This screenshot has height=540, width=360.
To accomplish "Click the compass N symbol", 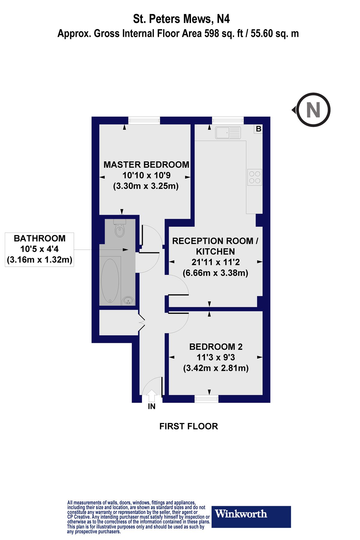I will [x=313, y=110].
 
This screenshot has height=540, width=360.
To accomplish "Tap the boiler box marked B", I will [x=258, y=129].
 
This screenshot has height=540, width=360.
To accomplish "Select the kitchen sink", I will [x=228, y=133].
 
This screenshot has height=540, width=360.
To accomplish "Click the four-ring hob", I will [x=255, y=177].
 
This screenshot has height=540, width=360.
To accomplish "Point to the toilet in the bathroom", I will [x=120, y=230].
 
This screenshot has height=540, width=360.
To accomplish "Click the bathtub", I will [x=110, y=280].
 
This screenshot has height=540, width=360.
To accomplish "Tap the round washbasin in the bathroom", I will [x=128, y=300].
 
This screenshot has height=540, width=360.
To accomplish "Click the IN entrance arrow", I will [x=152, y=396].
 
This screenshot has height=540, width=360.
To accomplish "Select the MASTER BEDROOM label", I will [x=146, y=165].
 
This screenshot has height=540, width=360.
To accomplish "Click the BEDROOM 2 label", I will [x=216, y=347].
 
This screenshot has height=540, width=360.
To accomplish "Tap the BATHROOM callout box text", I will [x=40, y=249].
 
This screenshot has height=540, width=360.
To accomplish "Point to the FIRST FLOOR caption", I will [x=188, y=426].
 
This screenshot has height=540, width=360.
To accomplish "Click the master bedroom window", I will [x=144, y=120].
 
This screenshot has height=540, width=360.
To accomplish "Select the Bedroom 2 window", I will [x=206, y=399].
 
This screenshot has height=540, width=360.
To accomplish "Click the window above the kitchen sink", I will [x=228, y=120].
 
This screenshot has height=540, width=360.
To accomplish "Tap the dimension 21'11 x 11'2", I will [x=215, y=262].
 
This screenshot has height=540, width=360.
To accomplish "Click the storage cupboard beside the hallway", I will [x=118, y=323].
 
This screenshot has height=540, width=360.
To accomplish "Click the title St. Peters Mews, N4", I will [x=181, y=19].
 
